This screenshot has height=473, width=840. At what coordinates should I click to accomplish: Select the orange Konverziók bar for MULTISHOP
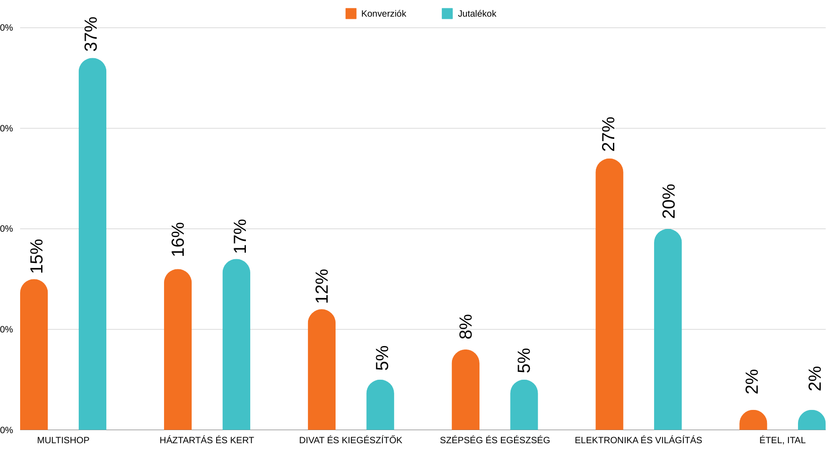[34, 355]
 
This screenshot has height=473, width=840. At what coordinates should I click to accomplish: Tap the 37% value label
[91, 34]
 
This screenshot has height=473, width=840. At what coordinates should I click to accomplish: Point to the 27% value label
[609, 134]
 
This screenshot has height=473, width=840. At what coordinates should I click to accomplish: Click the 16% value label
[178, 240]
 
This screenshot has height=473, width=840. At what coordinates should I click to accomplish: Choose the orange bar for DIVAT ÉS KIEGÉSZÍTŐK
[322, 370]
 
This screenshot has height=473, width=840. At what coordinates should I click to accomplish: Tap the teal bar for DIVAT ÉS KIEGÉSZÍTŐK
[380, 405]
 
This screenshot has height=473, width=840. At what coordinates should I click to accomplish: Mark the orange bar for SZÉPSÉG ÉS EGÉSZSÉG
[465, 390]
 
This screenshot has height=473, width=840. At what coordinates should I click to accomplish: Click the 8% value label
[466, 327]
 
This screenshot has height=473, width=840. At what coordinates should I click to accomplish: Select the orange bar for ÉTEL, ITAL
[753, 420]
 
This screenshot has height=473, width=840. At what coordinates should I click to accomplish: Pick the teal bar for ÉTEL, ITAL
[812, 420]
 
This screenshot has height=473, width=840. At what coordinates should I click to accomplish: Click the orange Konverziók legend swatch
[351, 14]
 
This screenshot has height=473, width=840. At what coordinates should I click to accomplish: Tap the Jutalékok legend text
[477, 14]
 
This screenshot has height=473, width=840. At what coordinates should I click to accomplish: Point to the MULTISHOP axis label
[63, 440]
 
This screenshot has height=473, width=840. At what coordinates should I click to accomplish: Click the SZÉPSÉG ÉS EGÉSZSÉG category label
[495, 440]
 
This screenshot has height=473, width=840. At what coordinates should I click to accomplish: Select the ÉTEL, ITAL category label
[782, 440]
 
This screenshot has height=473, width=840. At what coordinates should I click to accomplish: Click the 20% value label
[669, 201]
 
